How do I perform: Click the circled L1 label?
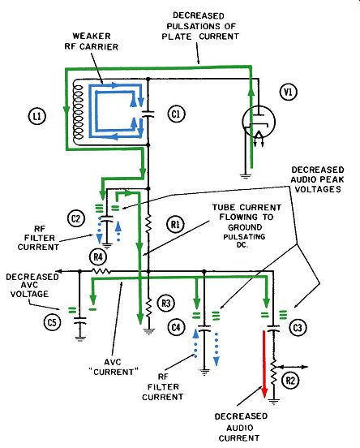click(37, 116)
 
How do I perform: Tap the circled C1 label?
click(176, 114)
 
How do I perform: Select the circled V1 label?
click(288, 92)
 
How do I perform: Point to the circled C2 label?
click(75, 218)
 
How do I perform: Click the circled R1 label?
click(175, 224)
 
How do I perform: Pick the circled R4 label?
click(98, 256)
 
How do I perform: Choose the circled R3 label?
click(166, 303)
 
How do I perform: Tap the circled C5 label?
click(52, 322)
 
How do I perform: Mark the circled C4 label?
click(176, 327)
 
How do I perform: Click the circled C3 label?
click(298, 327)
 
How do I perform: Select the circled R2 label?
click(290, 381)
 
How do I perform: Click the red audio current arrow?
click(264, 364)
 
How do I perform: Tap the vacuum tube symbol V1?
click(259, 123)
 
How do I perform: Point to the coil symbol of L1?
click(78, 112)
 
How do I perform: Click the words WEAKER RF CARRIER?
click(92, 41)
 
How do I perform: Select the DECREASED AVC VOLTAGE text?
click(32, 285)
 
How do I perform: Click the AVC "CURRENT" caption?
click(113, 367)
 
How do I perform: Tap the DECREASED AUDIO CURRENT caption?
click(241, 428)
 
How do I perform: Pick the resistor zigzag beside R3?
click(148, 307)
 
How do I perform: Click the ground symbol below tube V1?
click(245, 176)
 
